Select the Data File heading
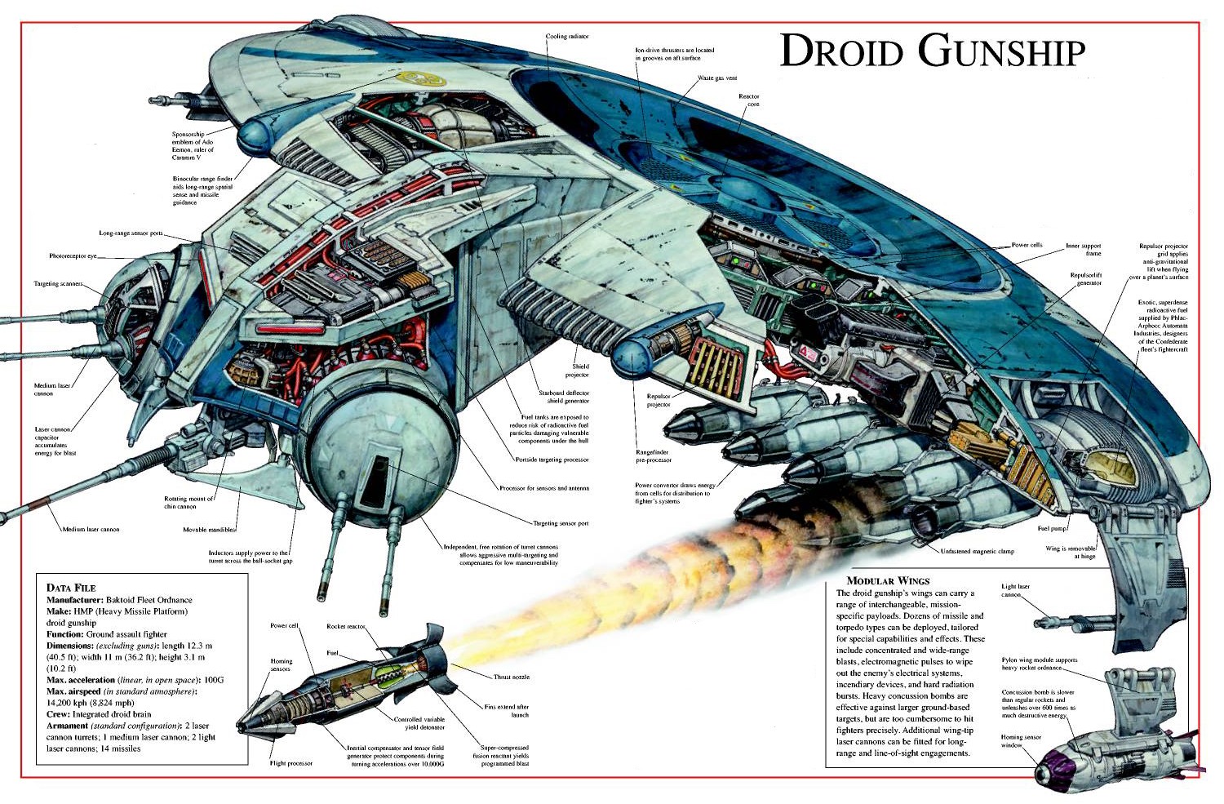[71, 588]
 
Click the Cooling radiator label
[567, 37]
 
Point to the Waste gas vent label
[717, 78]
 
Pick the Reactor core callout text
[749, 100]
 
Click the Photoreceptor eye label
[73, 256]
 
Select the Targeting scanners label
[58, 284]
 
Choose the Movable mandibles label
[209, 530]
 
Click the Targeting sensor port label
[561, 523]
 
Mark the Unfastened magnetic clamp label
[978, 552]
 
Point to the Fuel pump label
[1052, 529]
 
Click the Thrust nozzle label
[512, 677]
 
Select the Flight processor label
[291, 764]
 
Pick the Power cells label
[1027, 245]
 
